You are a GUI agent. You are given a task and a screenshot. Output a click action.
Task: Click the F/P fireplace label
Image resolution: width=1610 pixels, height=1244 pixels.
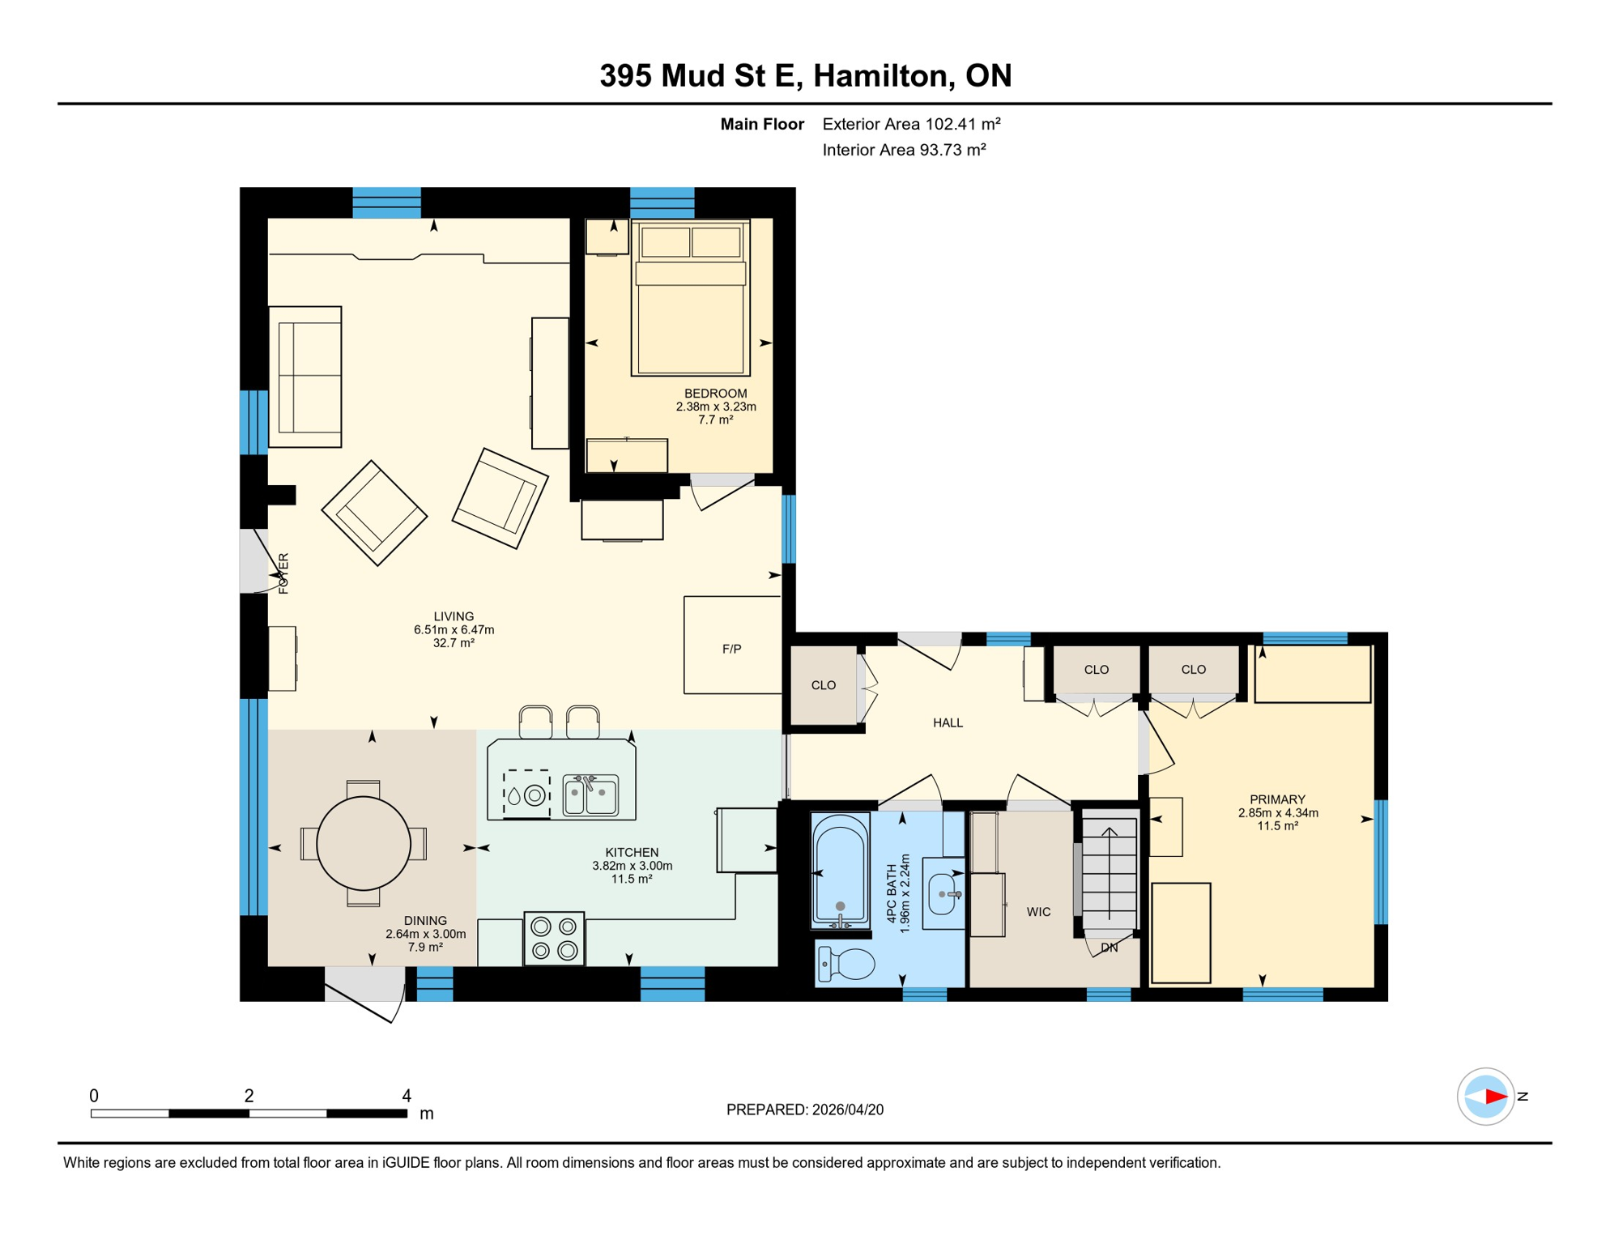[731, 649]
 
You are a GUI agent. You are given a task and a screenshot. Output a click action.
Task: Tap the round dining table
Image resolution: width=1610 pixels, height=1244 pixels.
[363, 843]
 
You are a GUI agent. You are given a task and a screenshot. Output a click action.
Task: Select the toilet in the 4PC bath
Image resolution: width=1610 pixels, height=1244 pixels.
[847, 964]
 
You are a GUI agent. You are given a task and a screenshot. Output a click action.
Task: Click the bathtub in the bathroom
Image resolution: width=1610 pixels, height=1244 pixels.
[840, 870]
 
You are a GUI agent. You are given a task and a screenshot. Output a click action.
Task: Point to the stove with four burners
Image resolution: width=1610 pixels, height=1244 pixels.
[554, 938]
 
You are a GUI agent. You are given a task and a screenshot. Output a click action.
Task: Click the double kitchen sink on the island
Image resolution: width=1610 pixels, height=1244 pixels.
[590, 795]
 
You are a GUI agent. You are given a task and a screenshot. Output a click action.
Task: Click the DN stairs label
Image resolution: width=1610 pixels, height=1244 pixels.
[1109, 948]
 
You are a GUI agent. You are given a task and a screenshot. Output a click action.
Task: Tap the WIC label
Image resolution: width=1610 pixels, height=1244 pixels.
[1038, 912]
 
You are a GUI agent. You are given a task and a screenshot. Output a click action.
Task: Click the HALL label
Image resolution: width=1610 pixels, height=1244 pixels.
[948, 722]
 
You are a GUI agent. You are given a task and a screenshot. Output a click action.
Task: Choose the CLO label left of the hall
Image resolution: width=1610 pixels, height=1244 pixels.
[824, 685]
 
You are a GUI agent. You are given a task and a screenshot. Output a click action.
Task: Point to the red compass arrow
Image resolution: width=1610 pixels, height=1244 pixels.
[1495, 1097]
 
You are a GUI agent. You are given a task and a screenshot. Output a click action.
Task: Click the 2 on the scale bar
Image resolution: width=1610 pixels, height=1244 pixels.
[249, 1096]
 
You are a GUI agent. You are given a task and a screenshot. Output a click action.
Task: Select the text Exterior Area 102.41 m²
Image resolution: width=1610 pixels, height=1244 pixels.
[911, 124]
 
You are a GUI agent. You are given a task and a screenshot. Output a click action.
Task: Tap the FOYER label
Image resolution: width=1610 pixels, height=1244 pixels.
[283, 573]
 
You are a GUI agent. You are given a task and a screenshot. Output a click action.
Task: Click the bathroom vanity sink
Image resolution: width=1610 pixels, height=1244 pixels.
[942, 894]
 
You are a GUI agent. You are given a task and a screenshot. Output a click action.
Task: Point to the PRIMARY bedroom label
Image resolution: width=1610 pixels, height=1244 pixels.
[1277, 799]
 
